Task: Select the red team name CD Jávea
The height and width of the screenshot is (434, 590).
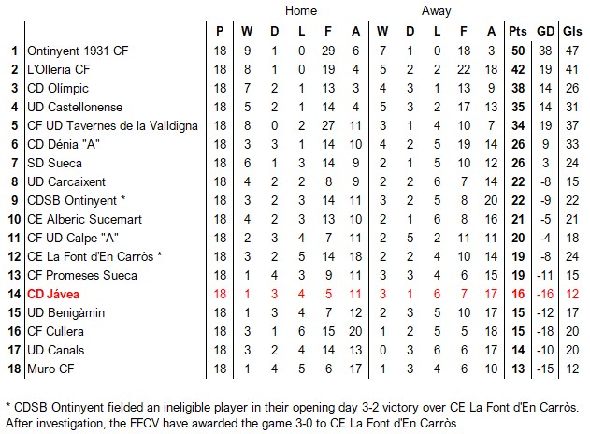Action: pyautogui.click(x=53, y=294)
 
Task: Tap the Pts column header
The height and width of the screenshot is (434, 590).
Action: pyautogui.click(x=517, y=32)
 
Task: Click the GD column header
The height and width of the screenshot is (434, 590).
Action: pyautogui.click(x=545, y=32)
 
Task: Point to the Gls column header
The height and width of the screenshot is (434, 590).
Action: pyautogui.click(x=572, y=32)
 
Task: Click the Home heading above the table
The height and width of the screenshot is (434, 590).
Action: pyautogui.click(x=300, y=11)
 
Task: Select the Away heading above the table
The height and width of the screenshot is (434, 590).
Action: pyautogui.click(x=436, y=11)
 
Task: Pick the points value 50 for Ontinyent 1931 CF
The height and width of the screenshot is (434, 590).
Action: pyautogui.click(x=517, y=51)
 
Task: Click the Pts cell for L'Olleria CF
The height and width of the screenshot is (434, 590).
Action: pyautogui.click(x=517, y=69)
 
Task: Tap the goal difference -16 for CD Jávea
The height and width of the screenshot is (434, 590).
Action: pyautogui.click(x=545, y=294)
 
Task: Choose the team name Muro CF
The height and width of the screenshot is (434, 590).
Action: pyautogui.click(x=50, y=369)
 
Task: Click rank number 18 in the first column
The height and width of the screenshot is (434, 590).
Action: pyautogui.click(x=14, y=369)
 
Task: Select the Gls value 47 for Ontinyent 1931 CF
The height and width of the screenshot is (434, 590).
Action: pyautogui.click(x=572, y=51)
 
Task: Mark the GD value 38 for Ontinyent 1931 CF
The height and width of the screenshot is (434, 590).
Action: pyautogui.click(x=545, y=51)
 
